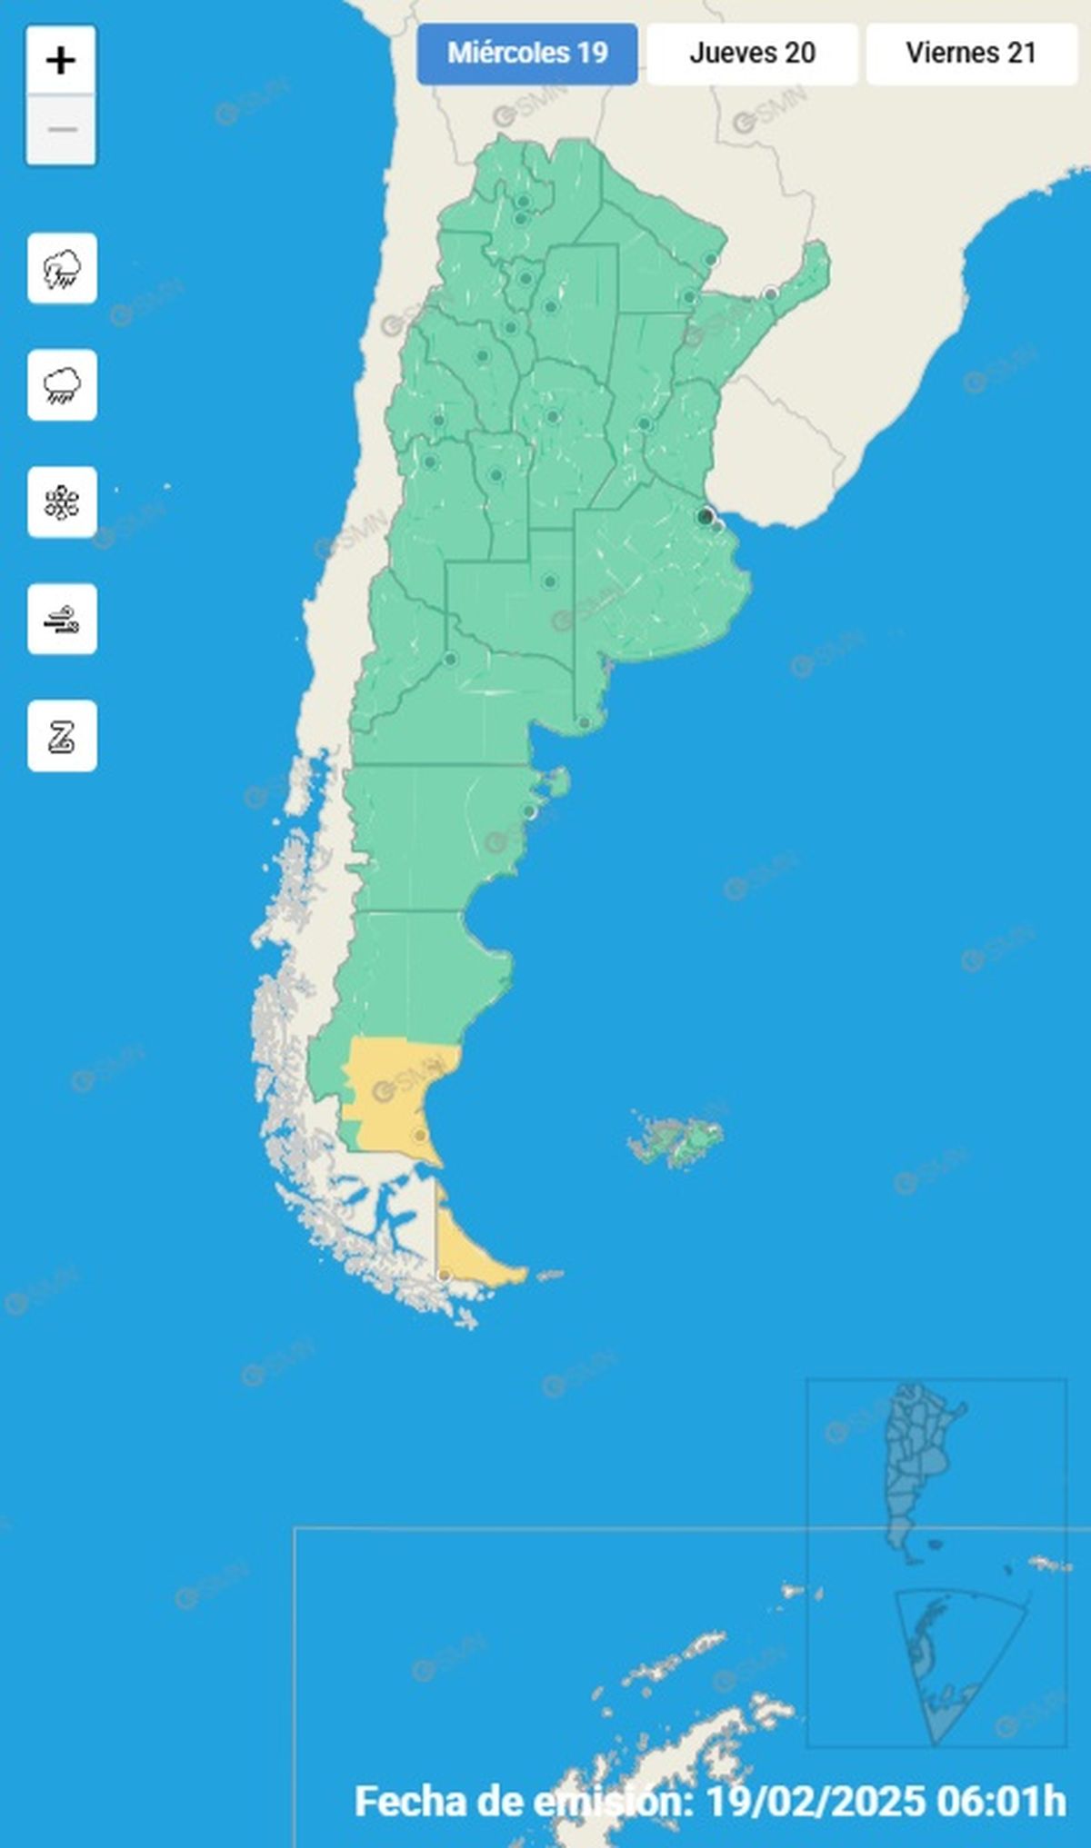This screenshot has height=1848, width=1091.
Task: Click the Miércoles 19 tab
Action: click(527, 54)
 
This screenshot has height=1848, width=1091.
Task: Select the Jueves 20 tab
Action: click(752, 54)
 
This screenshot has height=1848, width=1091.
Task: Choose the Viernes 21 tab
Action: click(971, 54)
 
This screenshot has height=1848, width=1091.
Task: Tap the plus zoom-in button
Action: click(61, 61)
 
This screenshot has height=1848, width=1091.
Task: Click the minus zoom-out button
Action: click(61, 130)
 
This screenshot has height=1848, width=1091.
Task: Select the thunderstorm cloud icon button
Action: click(62, 269)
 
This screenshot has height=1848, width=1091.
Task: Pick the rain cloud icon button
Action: click(62, 385)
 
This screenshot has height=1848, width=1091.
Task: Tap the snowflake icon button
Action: click(62, 502)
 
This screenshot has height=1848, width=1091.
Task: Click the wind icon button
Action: click(62, 620)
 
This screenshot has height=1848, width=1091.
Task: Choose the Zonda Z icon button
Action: click(62, 736)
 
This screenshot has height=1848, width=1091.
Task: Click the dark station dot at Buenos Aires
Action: click(705, 517)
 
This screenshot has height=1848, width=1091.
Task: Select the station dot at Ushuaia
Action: click(444, 1276)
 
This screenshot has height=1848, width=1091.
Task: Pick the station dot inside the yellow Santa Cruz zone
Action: click(419, 1135)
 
